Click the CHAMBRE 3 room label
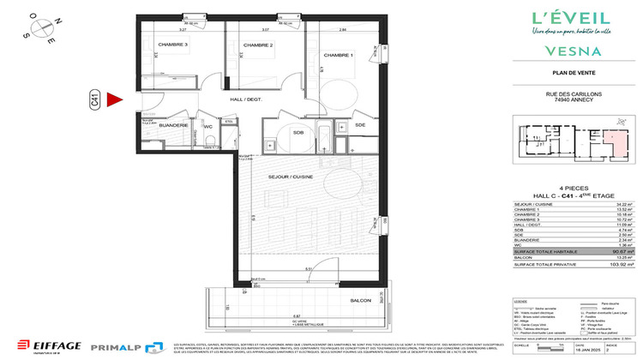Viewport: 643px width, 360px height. coord(173,45)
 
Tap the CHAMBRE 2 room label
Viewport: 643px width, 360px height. coord(257,45)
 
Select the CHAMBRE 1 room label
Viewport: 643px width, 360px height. coord(339,55)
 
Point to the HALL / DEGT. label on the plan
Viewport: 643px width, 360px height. coord(245,99)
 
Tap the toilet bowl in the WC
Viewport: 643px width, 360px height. coord(208,141)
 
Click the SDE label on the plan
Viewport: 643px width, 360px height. coord(360,125)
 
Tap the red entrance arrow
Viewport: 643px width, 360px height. coord(117,100)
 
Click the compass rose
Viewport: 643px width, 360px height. coord(40,26)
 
